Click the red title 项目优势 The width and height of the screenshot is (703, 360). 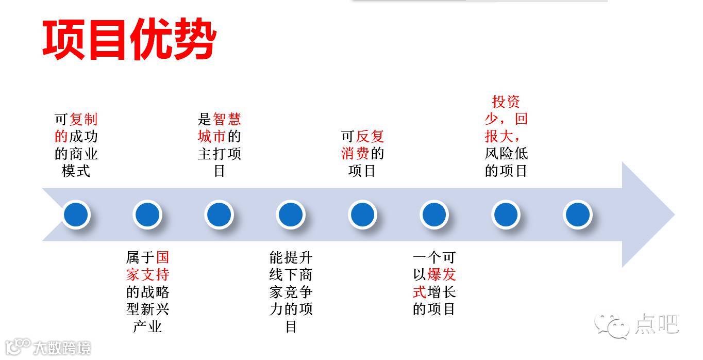tap(129, 41)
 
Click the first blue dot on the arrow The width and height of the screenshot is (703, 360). tap(76, 215)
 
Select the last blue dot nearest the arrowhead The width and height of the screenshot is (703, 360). tap(577, 215)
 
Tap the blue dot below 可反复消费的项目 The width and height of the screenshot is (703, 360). tap(362, 215)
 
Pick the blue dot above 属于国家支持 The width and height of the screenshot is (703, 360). tap(147, 215)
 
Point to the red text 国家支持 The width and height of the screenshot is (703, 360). tap(148, 266)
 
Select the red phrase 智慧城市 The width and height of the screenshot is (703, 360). tap(220, 128)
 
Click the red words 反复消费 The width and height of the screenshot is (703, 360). tap(362, 145)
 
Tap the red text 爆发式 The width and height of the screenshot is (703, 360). tap(433, 283)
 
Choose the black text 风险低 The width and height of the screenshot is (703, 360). tap(506, 154)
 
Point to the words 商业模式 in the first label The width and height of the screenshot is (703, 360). tap(76, 162)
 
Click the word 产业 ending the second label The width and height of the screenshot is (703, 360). tap(147, 326)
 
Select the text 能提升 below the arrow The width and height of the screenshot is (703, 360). tap(291, 257)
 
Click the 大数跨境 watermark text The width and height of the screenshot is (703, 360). tap(62, 348)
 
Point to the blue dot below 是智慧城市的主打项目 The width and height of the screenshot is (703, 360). tap(219, 215)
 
